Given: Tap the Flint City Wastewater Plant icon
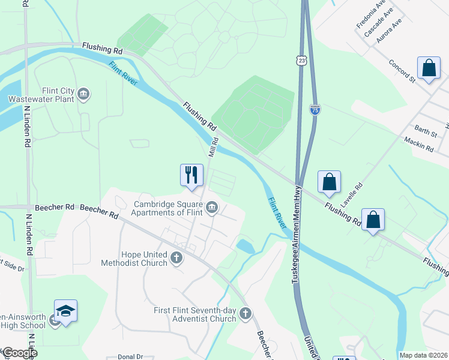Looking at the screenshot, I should (x=83, y=94).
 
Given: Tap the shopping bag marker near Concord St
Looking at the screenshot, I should (x=429, y=68).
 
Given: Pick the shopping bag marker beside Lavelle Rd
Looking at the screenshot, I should (x=329, y=182).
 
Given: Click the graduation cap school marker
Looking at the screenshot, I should (x=65, y=311).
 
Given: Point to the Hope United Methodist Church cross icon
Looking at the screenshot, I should (x=176, y=258).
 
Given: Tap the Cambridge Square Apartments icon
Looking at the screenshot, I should (x=211, y=208).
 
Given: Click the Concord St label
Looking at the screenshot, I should (x=402, y=70).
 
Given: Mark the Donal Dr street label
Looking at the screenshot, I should (x=130, y=356).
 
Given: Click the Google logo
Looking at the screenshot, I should (x=19, y=353).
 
